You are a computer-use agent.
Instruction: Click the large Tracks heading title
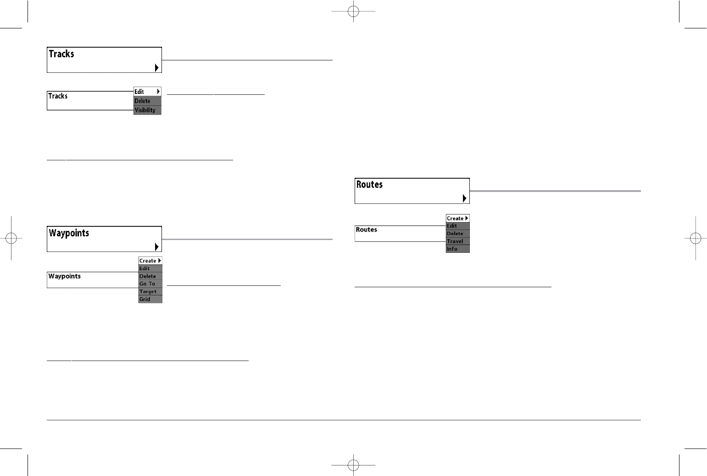61,54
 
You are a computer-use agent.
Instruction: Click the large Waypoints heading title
69,233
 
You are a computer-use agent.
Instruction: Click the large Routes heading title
369,185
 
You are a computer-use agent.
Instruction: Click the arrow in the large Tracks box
156,68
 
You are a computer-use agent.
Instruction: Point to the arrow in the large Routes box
464,198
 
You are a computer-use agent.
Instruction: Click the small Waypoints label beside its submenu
65,276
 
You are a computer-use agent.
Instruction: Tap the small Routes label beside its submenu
367,230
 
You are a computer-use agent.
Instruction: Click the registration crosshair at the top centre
353,11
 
